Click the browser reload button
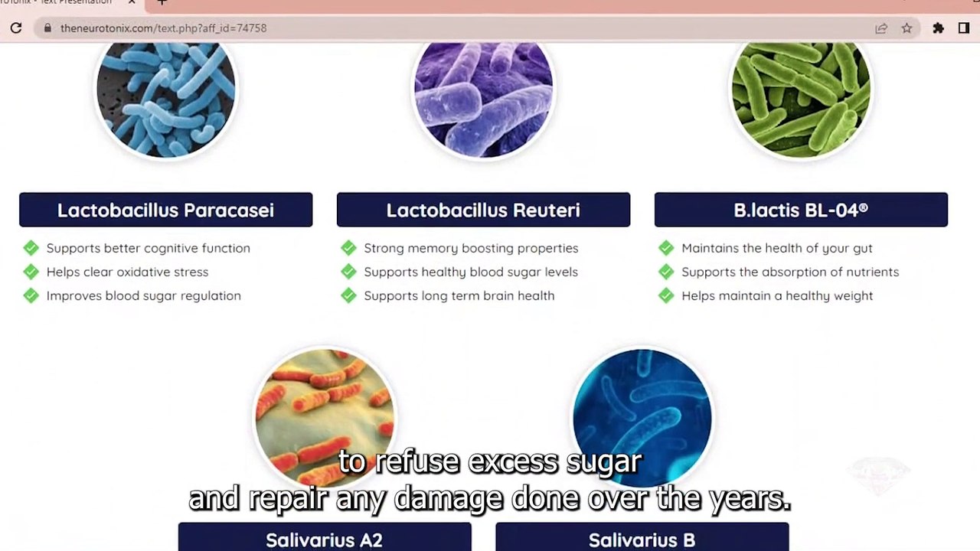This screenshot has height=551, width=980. [16, 28]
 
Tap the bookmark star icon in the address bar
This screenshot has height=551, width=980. [906, 28]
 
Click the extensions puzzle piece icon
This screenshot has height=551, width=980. [938, 28]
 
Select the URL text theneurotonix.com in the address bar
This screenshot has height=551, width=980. [106, 28]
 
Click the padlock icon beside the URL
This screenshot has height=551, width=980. [47, 28]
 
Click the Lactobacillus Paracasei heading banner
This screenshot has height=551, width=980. [166, 210]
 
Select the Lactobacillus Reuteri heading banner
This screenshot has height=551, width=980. [483, 210]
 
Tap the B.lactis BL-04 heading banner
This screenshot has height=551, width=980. [801, 210]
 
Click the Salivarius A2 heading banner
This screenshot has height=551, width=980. [325, 537]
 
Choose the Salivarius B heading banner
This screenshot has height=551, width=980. [642, 537]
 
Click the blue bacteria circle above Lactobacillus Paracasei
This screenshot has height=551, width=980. [166, 97]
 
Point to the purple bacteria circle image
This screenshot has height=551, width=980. [483, 97]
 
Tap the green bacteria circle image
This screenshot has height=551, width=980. [801, 97]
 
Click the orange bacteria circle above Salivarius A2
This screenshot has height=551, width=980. [325, 418]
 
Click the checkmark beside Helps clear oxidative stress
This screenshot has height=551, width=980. [31, 272]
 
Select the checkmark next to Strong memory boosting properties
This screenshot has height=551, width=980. [348, 248]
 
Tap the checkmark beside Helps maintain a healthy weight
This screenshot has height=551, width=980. [666, 295]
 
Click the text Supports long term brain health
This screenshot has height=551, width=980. [459, 295]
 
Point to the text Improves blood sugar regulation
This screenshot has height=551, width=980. [143, 296]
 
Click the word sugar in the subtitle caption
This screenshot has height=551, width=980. [604, 462]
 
